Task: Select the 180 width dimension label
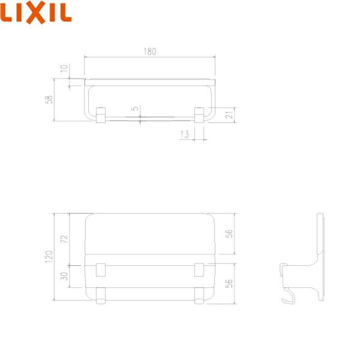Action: click(150, 52)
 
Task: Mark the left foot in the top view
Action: click(101, 114)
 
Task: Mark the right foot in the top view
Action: click(199, 114)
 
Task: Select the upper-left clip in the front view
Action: click(101, 270)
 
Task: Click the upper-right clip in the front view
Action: click(199, 270)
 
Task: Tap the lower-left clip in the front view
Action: click(101, 295)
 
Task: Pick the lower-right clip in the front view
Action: click(199, 295)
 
